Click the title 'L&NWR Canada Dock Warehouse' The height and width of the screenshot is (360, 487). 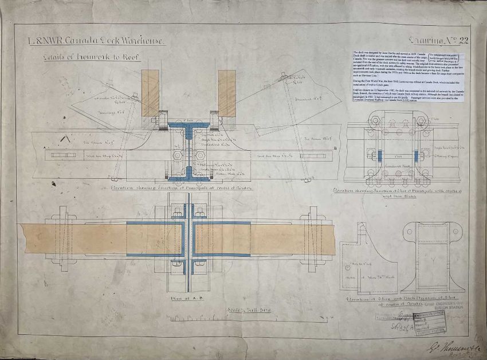pyautogui.click(x=97, y=42)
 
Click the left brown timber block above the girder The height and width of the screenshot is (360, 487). pyautogui.click(x=150, y=93)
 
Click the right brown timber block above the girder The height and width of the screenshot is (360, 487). pyautogui.click(x=227, y=93)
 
